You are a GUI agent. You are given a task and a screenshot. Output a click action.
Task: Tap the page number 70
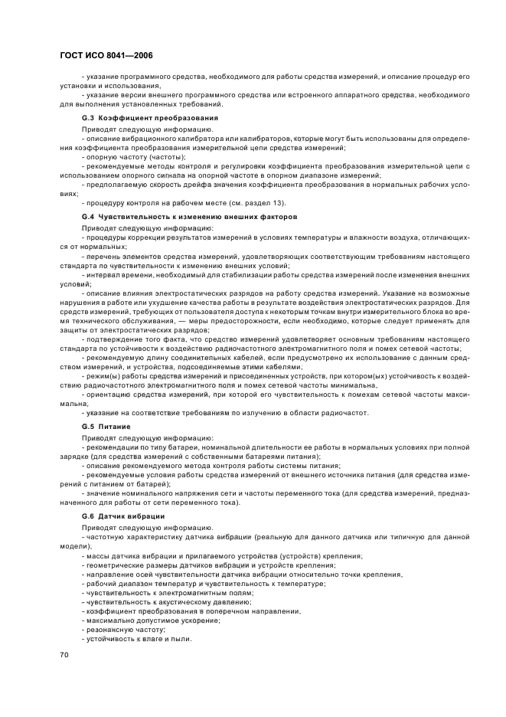[x=64, y=655]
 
